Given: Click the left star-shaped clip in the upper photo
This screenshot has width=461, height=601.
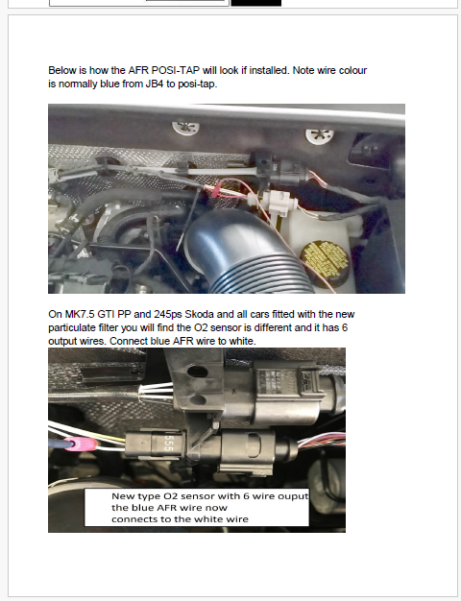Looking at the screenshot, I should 182,126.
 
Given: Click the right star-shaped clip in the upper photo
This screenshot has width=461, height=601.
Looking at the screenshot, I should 314,136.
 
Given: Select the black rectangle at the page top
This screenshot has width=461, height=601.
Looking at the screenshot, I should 255,3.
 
